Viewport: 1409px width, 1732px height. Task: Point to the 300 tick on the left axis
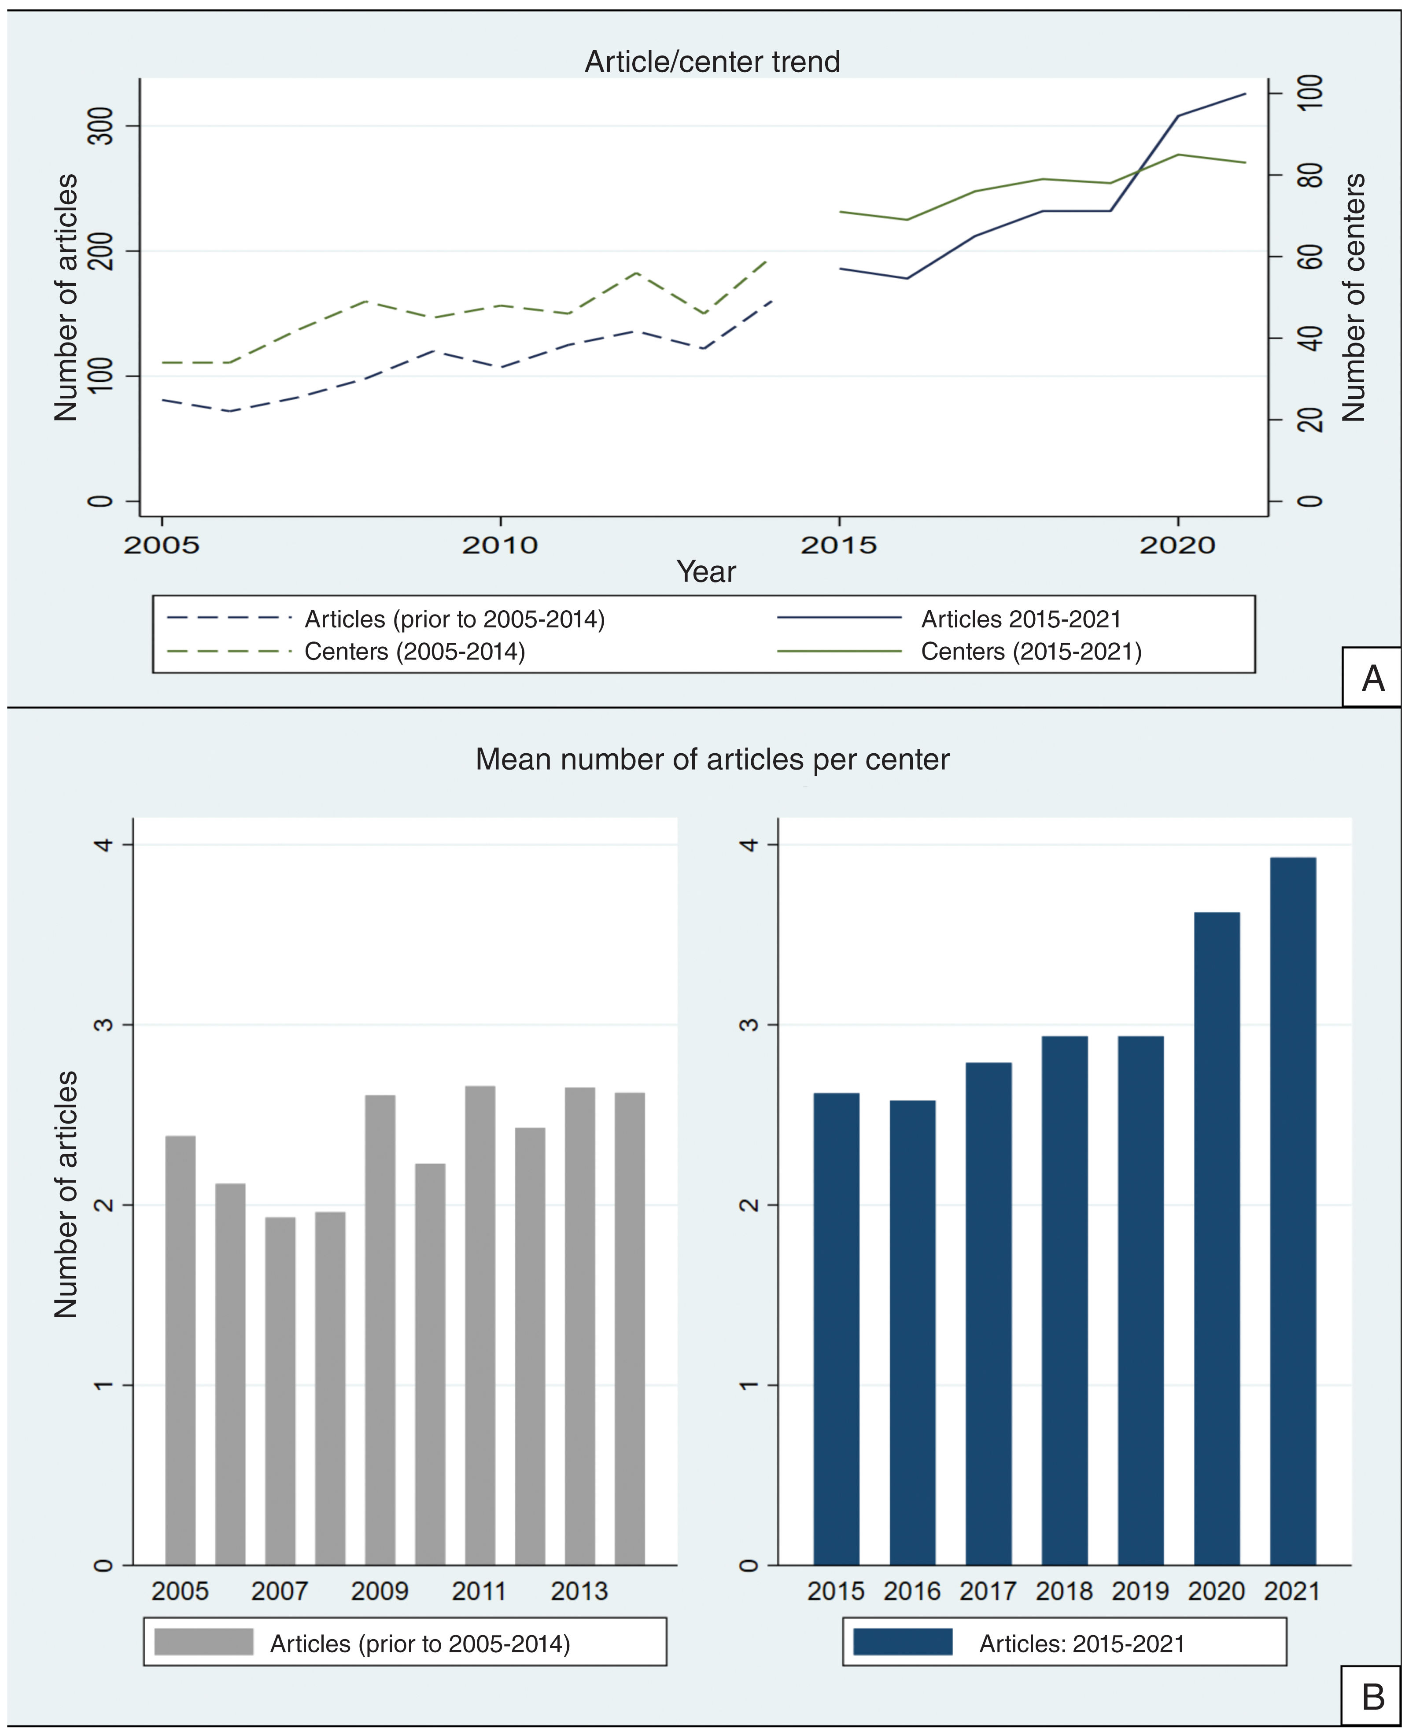pos(101,126)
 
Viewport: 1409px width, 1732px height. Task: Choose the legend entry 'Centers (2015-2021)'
pos(1031,652)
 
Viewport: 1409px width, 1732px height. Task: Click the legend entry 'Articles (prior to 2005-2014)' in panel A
pos(454,619)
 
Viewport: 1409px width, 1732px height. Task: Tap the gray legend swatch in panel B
pos(204,1642)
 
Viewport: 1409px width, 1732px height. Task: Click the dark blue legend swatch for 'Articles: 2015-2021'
pos(903,1642)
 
